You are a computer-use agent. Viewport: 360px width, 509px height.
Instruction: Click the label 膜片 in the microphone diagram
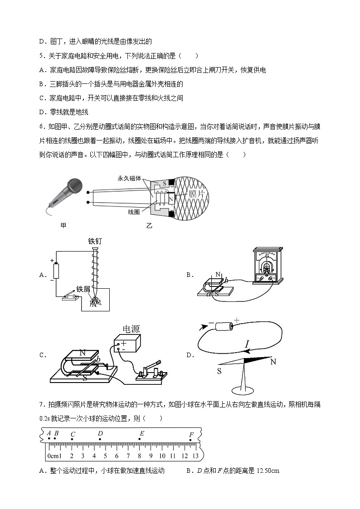[x=198, y=194]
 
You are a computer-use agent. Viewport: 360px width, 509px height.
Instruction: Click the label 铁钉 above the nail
[x=96, y=241]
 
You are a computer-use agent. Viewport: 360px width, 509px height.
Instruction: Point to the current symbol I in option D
[x=247, y=346]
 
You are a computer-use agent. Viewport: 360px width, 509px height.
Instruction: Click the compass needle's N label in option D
[x=273, y=362]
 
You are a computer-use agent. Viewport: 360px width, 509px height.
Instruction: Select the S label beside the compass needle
[x=219, y=371]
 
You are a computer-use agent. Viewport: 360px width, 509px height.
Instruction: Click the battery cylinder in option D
[x=225, y=326]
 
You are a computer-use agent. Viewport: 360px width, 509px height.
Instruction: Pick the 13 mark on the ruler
[x=195, y=456]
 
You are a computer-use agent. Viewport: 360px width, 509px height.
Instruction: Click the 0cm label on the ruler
[x=54, y=456]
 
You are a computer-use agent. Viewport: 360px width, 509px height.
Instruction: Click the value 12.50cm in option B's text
[x=268, y=470]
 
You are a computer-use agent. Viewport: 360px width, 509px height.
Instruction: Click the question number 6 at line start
[x=42, y=126]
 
